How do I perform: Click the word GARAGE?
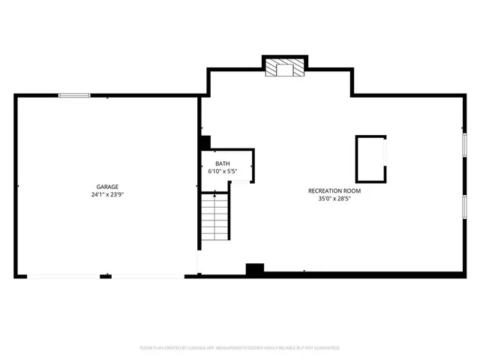tap(106, 187)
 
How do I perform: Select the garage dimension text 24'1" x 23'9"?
tap(106, 195)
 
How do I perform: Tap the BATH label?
tap(223, 163)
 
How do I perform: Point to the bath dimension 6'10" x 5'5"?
tap(223, 172)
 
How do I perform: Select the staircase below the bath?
tap(214, 218)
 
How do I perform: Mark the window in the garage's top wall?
tap(75, 95)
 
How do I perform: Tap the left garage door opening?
tap(64, 276)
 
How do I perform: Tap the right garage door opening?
tap(148, 276)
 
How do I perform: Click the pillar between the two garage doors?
tap(106, 276)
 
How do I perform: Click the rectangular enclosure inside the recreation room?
tap(370, 158)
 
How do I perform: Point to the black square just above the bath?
tap(205, 142)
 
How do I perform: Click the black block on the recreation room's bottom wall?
tap(255, 269)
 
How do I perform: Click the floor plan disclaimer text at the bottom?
tap(240, 348)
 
